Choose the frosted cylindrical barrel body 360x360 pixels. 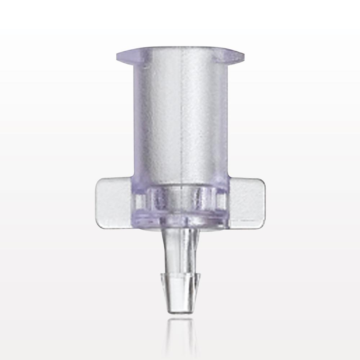169,119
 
